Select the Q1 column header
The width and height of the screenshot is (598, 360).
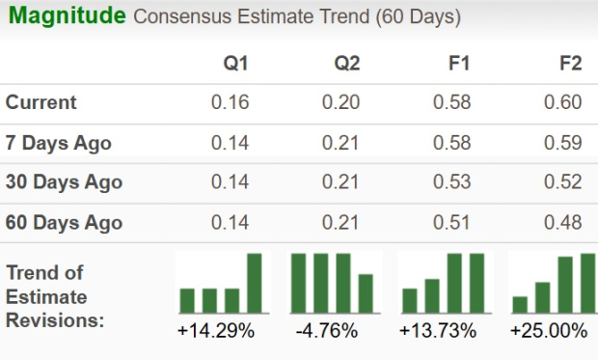[x=235, y=64]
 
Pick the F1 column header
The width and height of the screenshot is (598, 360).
[x=459, y=64]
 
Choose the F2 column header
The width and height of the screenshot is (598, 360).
[x=570, y=64]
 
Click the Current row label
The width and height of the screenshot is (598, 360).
[x=41, y=102]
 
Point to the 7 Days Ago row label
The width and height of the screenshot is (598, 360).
[x=59, y=143]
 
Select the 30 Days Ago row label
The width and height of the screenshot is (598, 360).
[x=64, y=182]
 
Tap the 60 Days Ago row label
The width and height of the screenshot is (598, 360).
[x=64, y=223]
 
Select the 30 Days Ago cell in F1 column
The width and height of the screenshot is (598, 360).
[x=454, y=182]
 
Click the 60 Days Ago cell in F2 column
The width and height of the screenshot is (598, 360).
[x=566, y=223]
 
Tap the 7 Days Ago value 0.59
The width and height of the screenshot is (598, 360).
[x=566, y=143]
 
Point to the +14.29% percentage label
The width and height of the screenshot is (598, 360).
[x=216, y=331]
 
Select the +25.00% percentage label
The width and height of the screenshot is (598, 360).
[x=549, y=331]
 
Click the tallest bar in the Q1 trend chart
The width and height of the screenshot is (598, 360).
[x=255, y=283]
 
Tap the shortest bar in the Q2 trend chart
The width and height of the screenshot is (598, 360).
[x=366, y=293]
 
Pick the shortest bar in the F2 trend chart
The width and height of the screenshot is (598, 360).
[x=520, y=304]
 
